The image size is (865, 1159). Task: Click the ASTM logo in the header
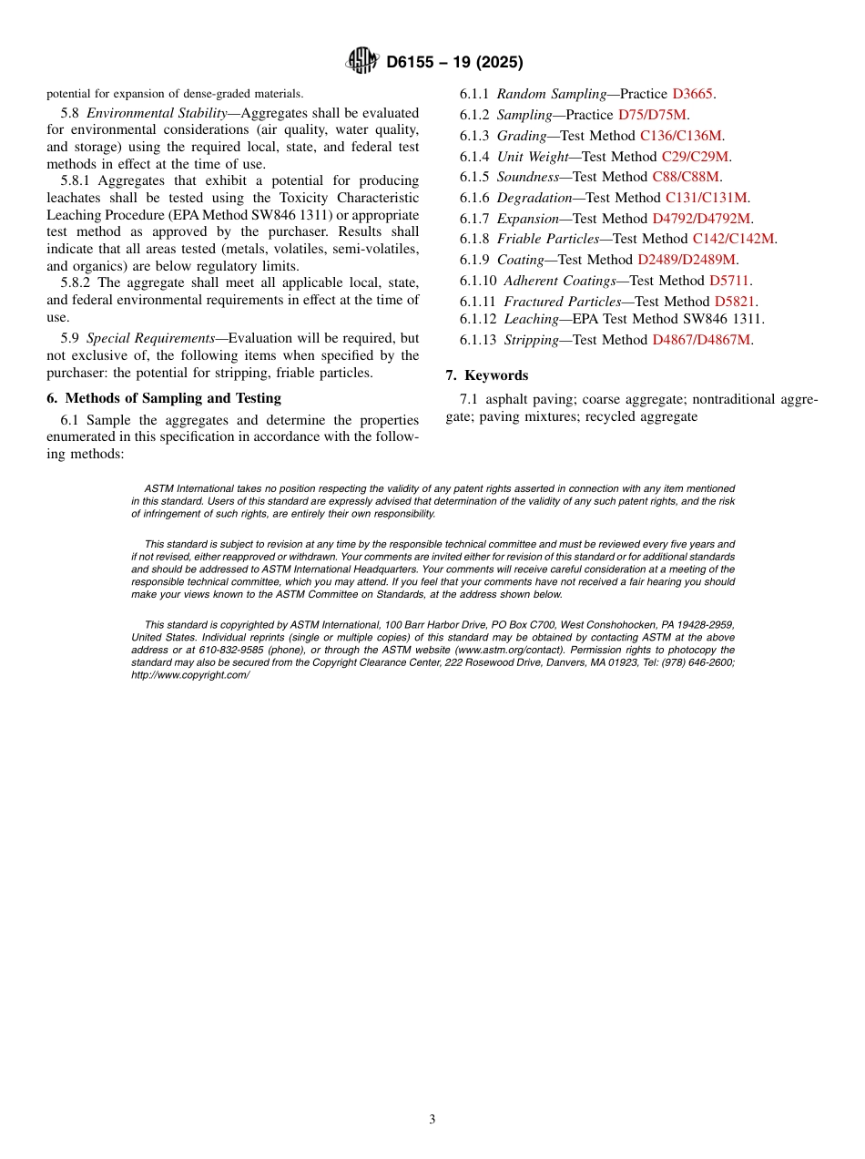362,61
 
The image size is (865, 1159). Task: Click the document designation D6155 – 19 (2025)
453,62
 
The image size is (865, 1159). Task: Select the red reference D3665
693,94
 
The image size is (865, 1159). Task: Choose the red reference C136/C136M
681,136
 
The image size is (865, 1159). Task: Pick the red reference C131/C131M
707,198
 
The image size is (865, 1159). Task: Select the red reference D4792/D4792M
701,219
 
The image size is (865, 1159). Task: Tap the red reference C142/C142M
733,239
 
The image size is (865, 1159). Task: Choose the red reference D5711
730,281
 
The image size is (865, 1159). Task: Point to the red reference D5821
735,302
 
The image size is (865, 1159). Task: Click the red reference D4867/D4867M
701,340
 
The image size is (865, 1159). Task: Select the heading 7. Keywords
486,375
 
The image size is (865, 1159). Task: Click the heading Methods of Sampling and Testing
173,398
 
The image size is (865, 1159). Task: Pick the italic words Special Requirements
150,338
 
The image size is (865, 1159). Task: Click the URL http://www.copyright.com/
190,675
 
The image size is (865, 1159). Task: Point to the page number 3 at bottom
432,1120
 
